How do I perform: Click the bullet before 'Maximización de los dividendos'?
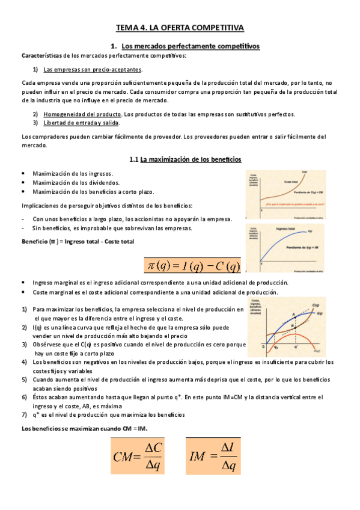click(22, 182)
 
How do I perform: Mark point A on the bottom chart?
click(294, 314)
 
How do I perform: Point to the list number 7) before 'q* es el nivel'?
click(24, 415)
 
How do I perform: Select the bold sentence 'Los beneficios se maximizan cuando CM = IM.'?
click(84, 428)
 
